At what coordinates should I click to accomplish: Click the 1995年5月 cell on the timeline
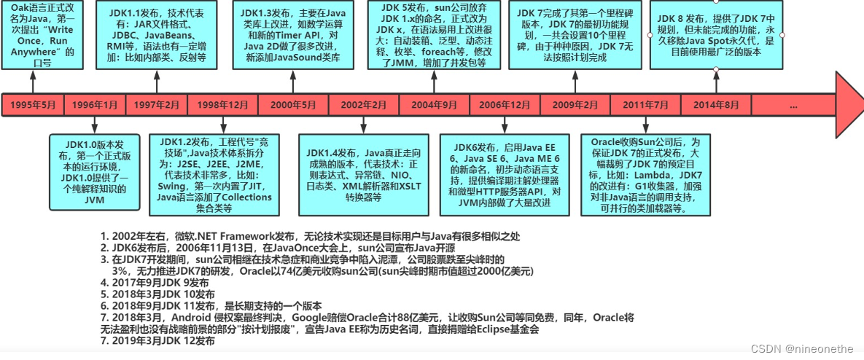pyautogui.click(x=33, y=105)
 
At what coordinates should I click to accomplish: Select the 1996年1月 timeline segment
pyautogui.click(x=94, y=105)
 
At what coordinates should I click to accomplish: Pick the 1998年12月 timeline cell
pyautogui.click(x=222, y=105)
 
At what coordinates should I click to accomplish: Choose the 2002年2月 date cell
pyautogui.click(x=363, y=105)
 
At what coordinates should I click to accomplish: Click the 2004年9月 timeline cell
pyautogui.click(x=435, y=105)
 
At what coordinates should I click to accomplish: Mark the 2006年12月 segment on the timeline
pyautogui.click(x=506, y=105)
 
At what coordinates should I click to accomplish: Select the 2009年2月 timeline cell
pyautogui.click(x=575, y=105)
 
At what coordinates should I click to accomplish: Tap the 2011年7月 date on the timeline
pyautogui.click(x=645, y=105)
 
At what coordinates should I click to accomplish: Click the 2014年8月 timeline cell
pyautogui.click(x=715, y=105)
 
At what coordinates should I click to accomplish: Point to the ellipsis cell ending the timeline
pyautogui.click(x=793, y=105)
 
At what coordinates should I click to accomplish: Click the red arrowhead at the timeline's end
pyautogui.click(x=848, y=104)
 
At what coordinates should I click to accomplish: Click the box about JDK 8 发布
pyautogui.click(x=717, y=35)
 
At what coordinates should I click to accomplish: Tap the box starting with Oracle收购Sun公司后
pyautogui.click(x=645, y=173)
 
